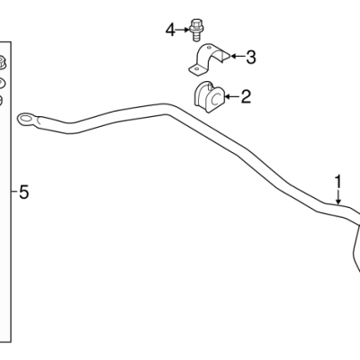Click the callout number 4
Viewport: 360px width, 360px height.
[x=170, y=31]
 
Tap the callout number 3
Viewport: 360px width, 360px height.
[x=251, y=57]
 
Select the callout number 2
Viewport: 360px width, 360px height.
[x=246, y=96]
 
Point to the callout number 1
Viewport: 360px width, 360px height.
[x=338, y=182]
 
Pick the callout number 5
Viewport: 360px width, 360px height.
[x=24, y=192]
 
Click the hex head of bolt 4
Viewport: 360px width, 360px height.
[x=195, y=22]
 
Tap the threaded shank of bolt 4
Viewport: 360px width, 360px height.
[x=195, y=37]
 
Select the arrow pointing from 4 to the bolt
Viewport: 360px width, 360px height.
[x=183, y=30]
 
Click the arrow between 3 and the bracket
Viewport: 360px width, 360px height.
[x=238, y=56]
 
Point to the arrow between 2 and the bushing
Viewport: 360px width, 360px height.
[x=233, y=96]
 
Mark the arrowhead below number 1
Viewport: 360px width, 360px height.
[x=338, y=202]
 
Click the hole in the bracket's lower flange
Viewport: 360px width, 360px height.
[x=196, y=68]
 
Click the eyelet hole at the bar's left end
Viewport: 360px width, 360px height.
[x=26, y=119]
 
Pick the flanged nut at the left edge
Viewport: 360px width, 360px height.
[x=2, y=62]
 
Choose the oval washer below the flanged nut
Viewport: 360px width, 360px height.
[x=2, y=83]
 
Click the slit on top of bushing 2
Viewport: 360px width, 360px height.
[x=209, y=86]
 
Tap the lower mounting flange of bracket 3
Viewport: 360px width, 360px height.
[x=196, y=69]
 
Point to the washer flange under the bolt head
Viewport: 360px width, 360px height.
[x=195, y=30]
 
